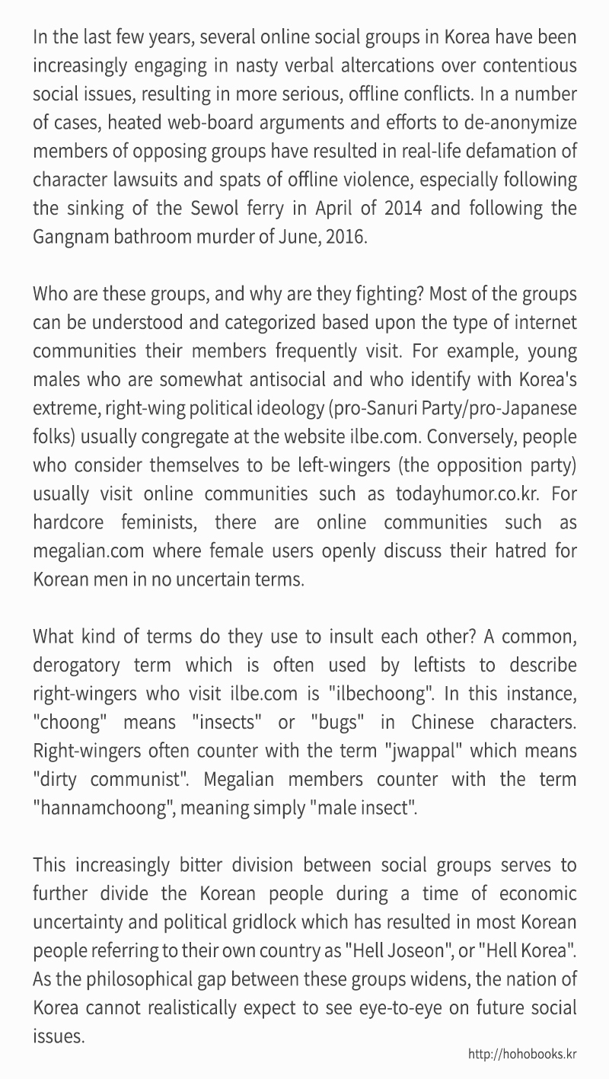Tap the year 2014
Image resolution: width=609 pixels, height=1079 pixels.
(x=397, y=207)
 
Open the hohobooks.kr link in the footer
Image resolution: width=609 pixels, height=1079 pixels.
(x=522, y=1054)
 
